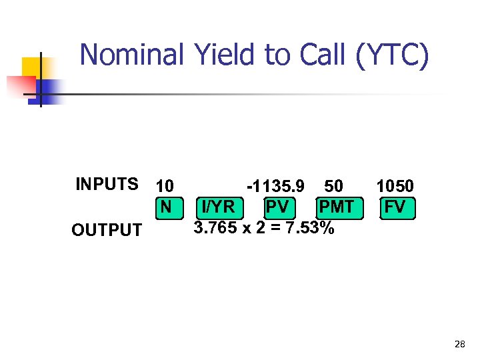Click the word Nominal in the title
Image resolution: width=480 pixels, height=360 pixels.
(132, 55)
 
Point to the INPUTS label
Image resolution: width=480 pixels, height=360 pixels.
(107, 185)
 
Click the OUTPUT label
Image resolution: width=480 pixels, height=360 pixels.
(107, 231)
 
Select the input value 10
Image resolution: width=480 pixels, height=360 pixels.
(164, 186)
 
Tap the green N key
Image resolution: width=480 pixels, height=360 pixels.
(165, 207)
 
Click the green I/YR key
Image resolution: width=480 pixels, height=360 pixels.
(218, 207)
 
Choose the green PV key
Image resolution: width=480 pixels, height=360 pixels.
(277, 207)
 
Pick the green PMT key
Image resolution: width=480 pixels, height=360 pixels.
(336, 207)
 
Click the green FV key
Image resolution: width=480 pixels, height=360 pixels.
(395, 207)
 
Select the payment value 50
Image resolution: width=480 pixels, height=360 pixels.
(333, 186)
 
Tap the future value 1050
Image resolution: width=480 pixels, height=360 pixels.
(395, 186)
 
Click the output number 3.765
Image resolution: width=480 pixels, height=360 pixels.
(215, 228)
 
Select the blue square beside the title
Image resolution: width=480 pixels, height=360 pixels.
(49, 89)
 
